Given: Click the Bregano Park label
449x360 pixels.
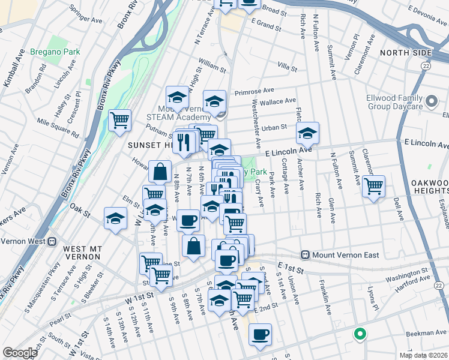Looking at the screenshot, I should coord(55,52).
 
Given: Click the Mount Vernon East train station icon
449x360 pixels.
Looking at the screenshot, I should coord(305,255).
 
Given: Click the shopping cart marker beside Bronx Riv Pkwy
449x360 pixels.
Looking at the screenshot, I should coord(119,121).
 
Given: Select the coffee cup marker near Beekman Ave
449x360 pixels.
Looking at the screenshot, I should coord(259,335).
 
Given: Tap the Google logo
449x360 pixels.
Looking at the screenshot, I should coord(20,353).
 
